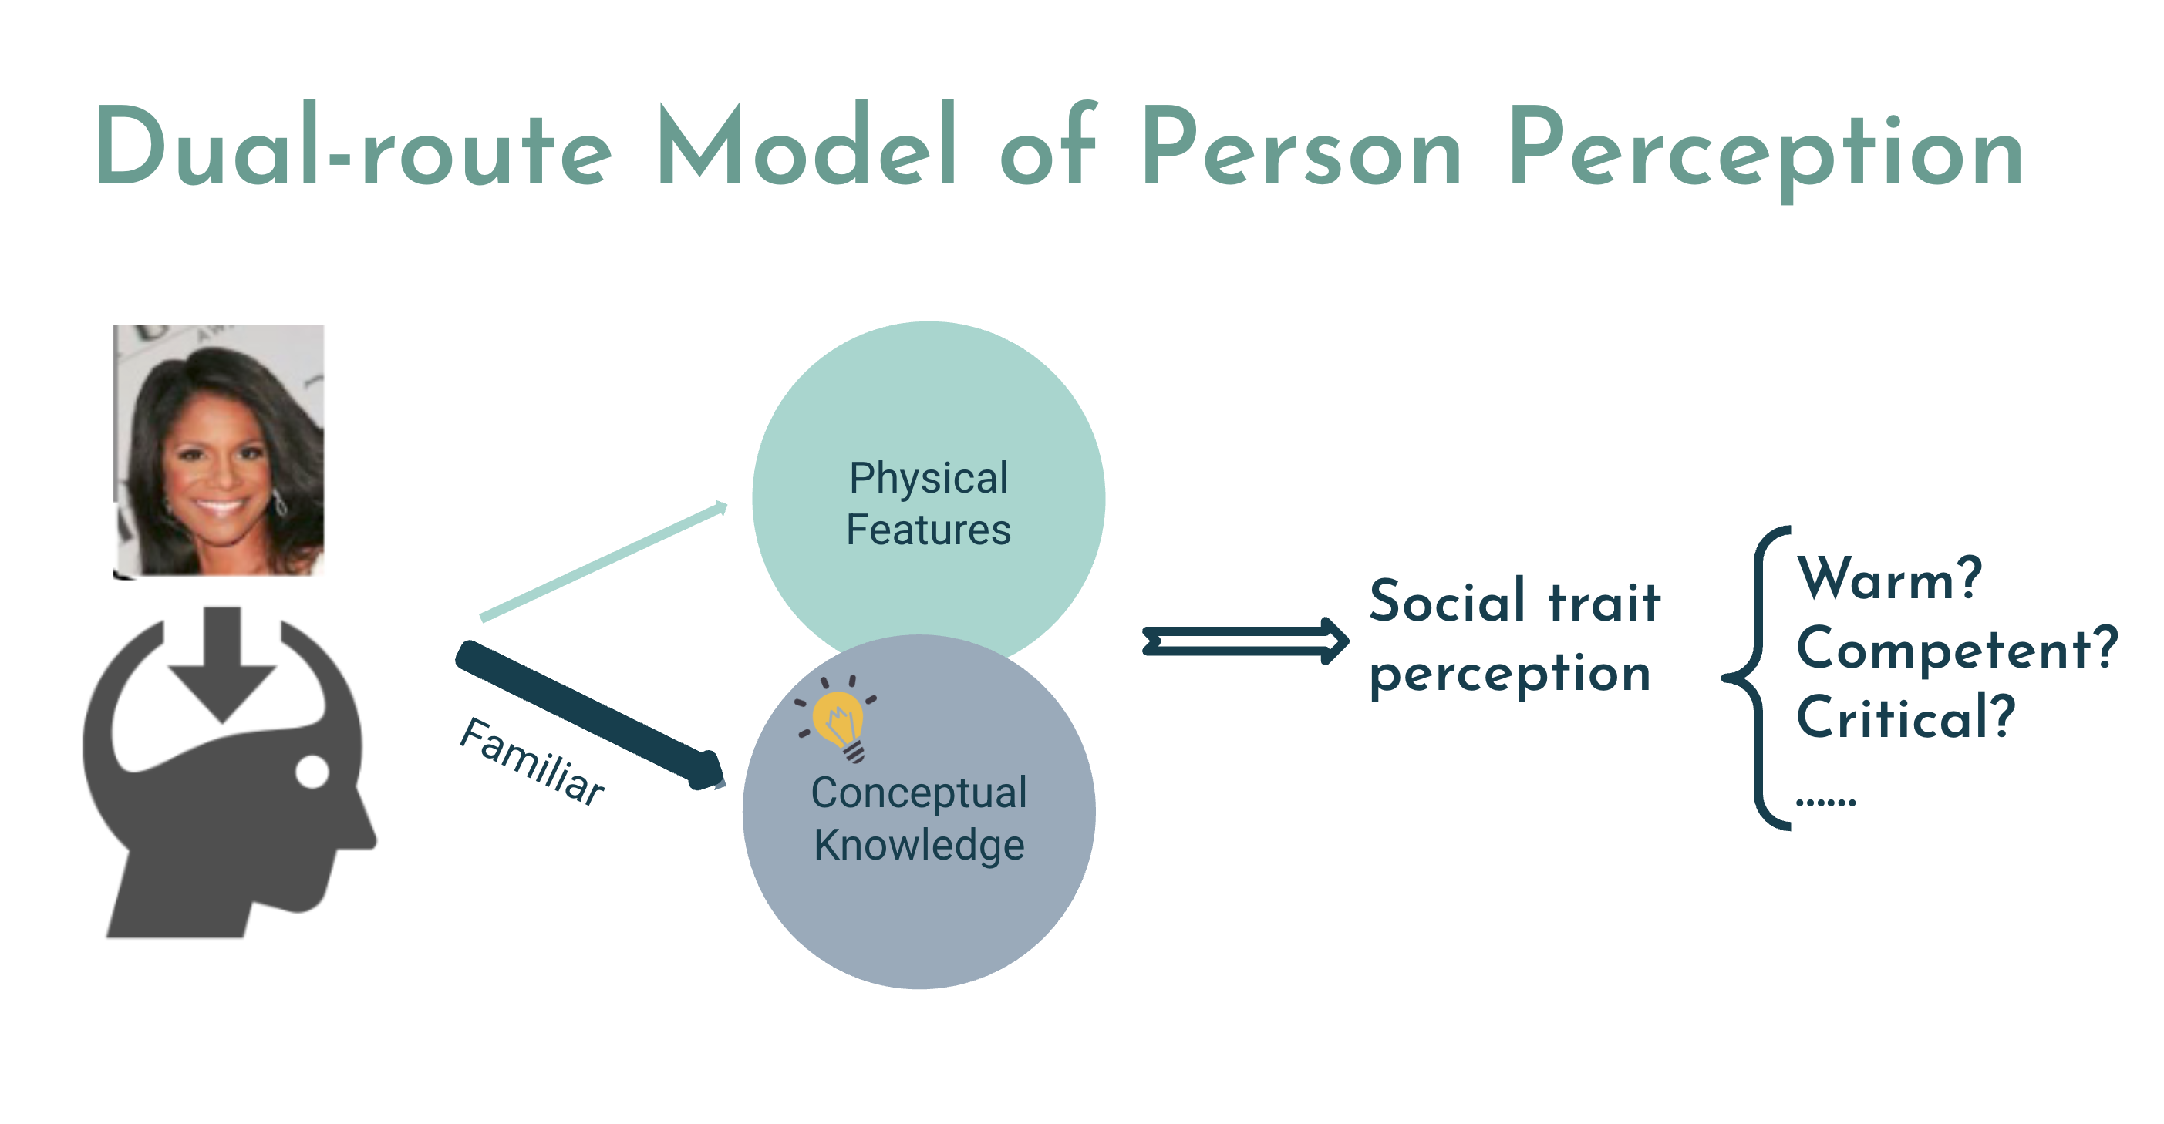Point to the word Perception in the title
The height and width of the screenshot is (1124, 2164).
(x=1765, y=151)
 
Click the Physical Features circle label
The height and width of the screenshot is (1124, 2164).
(x=928, y=503)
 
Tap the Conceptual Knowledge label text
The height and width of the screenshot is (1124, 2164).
(x=919, y=818)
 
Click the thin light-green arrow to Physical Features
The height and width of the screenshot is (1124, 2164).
(x=603, y=560)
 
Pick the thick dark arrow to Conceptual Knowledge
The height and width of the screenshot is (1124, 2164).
(x=588, y=714)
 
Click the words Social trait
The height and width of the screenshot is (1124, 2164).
(x=1514, y=601)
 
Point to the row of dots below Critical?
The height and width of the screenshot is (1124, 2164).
(x=1825, y=803)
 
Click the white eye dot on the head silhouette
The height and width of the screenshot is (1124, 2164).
(x=312, y=772)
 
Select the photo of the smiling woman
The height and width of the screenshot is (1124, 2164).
(x=218, y=451)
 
